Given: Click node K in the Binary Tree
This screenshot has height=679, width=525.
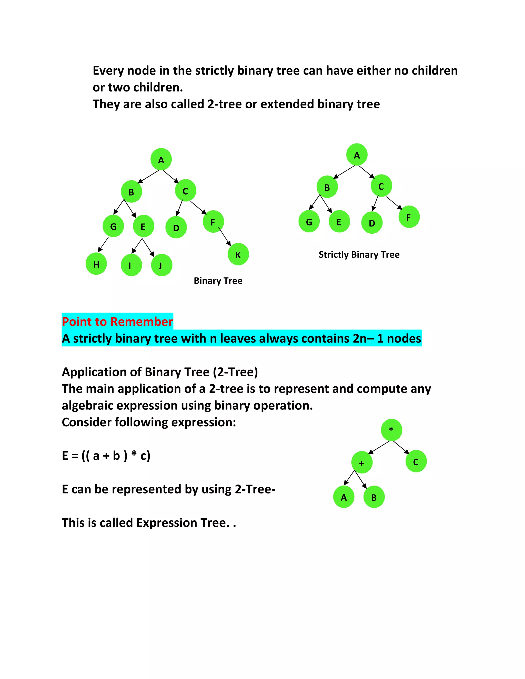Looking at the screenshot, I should coord(238,254).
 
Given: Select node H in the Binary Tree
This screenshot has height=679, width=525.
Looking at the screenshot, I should coord(96,264).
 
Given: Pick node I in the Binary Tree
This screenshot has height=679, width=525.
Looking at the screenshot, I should coord(131,265).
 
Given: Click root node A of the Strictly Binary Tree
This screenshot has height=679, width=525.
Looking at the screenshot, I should coord(357,155).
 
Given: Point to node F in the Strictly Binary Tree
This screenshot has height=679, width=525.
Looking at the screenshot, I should coord(409,217).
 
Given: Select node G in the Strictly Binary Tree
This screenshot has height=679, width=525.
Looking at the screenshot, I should coord(309,222).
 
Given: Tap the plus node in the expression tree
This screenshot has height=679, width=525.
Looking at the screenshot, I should coord(362,462).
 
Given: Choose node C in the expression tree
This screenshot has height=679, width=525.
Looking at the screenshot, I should coord(416,462).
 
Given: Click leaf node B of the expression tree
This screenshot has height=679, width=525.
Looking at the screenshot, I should coord(374,497).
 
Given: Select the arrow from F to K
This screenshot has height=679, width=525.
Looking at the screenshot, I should coord(225,236).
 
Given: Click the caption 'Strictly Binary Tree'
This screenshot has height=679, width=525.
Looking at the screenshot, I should coord(359,255).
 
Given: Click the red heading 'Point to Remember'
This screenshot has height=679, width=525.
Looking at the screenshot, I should coord(117,322).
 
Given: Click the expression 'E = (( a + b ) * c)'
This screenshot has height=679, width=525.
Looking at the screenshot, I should coord(106,456).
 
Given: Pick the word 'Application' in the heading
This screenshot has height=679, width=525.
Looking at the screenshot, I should coord(101,372).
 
